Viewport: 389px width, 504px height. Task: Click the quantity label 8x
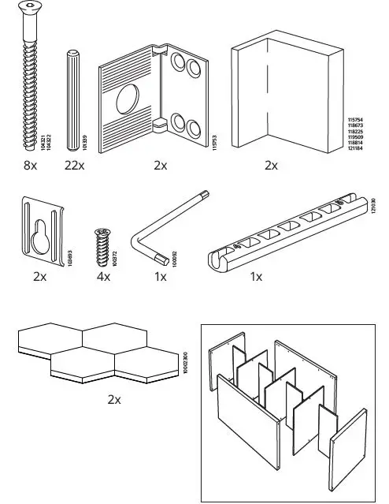coord(30,166)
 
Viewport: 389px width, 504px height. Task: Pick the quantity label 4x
coord(103,278)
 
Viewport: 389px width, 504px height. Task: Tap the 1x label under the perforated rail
coord(256,278)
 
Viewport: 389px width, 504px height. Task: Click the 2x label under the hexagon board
coord(114,400)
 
